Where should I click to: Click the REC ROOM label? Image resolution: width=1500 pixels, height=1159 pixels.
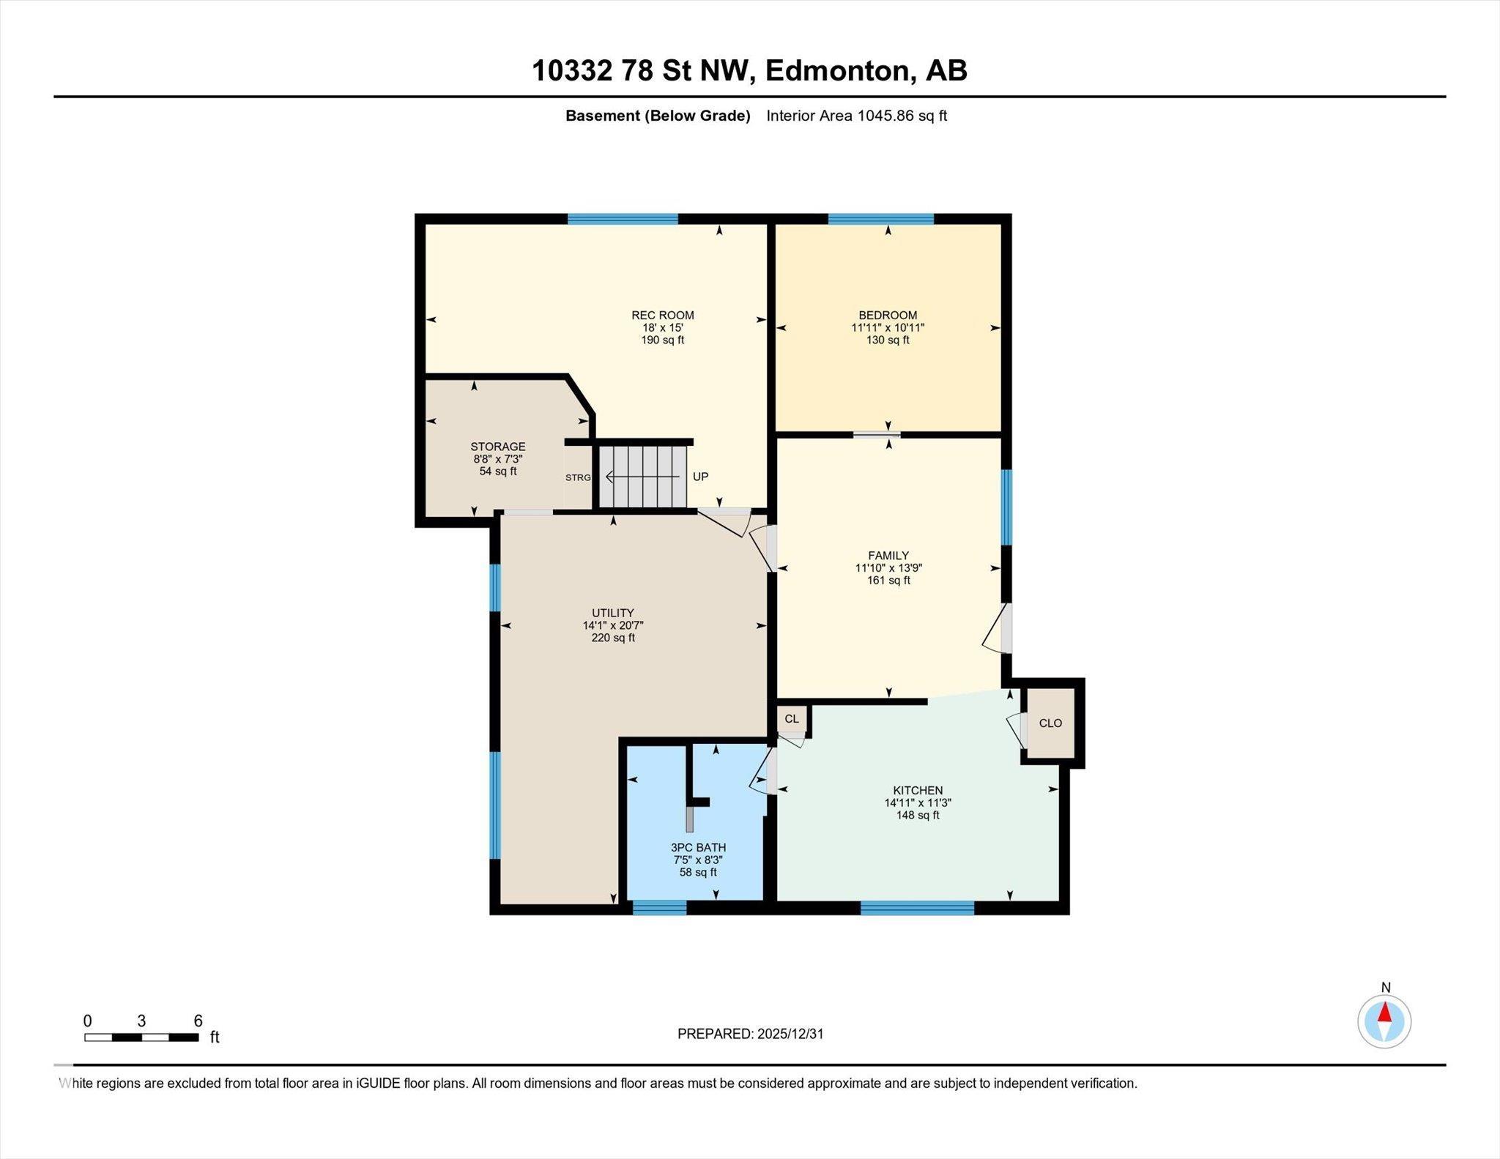(662, 316)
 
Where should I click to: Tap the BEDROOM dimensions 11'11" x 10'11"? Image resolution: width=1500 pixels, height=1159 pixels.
(888, 328)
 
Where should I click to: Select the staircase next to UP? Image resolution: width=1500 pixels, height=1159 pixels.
(642, 477)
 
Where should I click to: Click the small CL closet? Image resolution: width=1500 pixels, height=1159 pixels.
(792, 719)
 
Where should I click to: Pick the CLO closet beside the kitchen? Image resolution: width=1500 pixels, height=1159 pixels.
(1050, 723)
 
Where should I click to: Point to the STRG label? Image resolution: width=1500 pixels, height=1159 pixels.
(577, 477)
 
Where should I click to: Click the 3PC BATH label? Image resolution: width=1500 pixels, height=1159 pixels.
(697, 847)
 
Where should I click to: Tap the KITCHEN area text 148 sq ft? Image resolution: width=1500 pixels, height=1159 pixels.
(917, 815)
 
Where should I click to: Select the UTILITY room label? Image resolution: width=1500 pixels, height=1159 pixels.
(613, 613)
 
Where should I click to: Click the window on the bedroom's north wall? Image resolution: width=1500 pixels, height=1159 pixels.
(881, 218)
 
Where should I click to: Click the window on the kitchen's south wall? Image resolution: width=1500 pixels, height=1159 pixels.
(917, 908)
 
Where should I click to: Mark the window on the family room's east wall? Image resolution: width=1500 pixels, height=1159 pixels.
(1007, 507)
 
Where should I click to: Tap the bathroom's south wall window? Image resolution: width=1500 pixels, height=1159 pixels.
(659, 908)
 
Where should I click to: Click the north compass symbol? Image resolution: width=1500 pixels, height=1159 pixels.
(1384, 1021)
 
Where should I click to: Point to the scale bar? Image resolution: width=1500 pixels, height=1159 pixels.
(141, 1037)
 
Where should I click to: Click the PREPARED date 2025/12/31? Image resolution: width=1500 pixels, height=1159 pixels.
(790, 1034)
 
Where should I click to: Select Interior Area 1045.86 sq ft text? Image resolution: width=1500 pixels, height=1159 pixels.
(856, 116)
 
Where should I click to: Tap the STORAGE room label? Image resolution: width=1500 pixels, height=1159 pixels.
(497, 447)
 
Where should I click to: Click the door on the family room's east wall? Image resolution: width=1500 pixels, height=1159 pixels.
(1005, 628)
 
